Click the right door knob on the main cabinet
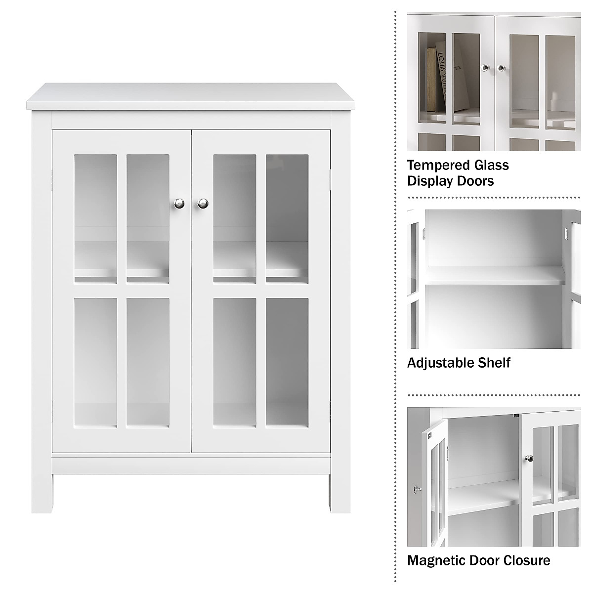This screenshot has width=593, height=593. [x=203, y=204]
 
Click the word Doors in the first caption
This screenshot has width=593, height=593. [x=477, y=181]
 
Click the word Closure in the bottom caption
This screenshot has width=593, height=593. [x=526, y=560]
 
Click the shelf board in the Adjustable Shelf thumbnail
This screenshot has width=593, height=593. [x=494, y=276]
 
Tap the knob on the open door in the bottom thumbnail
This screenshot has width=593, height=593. [x=418, y=489]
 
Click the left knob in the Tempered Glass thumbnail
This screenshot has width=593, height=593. [x=485, y=68]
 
